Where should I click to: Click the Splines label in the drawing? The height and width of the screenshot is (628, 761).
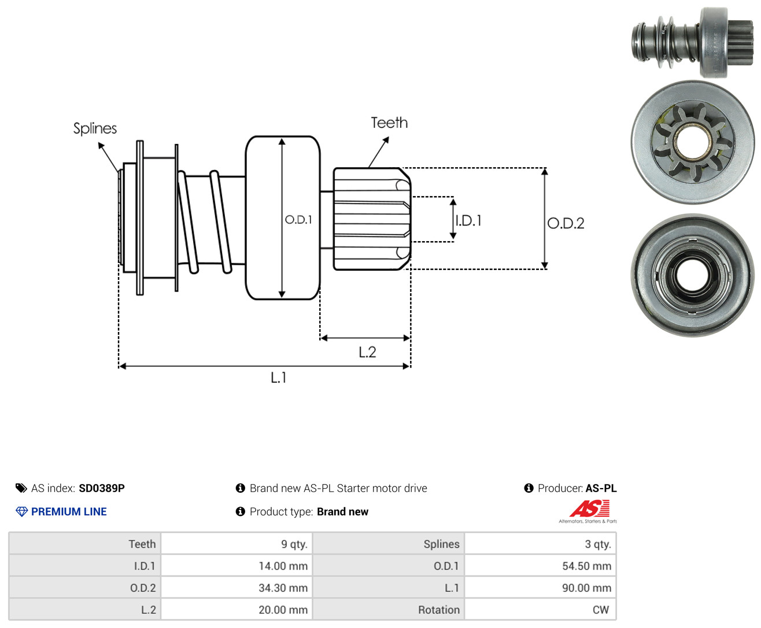(95, 128)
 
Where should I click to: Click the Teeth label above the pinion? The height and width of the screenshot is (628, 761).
(389, 123)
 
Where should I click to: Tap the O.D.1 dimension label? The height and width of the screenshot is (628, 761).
(298, 219)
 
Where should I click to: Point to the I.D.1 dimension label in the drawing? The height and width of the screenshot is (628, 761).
(468, 220)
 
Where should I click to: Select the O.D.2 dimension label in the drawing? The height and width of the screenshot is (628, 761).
(566, 223)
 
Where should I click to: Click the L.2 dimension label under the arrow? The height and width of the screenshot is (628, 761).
(367, 352)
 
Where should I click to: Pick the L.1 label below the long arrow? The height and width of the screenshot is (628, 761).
(279, 377)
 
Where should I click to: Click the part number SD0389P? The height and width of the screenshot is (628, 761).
(102, 488)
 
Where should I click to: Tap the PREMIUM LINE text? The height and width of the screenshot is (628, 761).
(69, 511)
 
